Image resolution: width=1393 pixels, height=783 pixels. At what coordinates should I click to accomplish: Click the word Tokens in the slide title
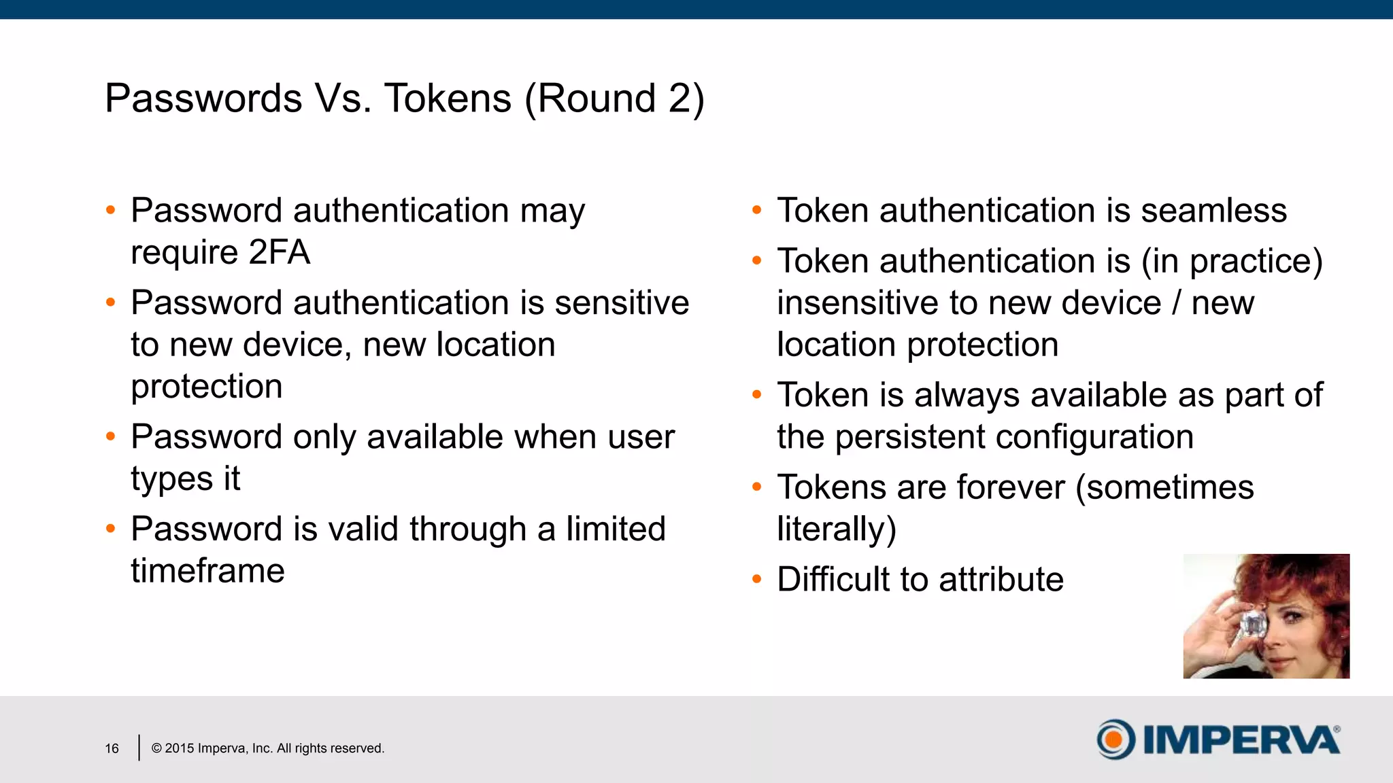pyautogui.click(x=448, y=99)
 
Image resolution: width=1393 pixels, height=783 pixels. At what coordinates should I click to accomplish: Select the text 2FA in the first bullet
pyautogui.click(x=279, y=253)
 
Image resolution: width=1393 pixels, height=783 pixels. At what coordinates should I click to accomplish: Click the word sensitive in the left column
pyautogui.click(x=622, y=303)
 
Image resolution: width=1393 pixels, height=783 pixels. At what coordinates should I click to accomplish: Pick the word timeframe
pyautogui.click(x=207, y=571)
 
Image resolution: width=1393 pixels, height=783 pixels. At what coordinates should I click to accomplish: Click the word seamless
pyautogui.click(x=1213, y=211)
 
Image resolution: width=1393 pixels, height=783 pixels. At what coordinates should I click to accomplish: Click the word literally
pyautogui.click(x=833, y=529)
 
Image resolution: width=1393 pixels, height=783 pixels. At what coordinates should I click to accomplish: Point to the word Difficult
pyautogui.click(x=833, y=580)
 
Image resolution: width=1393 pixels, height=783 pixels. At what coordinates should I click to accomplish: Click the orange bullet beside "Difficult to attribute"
pyautogui.click(x=757, y=580)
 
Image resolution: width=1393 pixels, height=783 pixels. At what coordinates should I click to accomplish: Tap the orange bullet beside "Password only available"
pyautogui.click(x=111, y=437)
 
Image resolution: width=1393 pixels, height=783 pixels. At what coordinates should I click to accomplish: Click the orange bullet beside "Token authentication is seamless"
pyautogui.click(x=757, y=211)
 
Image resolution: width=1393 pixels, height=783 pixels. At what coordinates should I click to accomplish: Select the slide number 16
pyautogui.click(x=112, y=748)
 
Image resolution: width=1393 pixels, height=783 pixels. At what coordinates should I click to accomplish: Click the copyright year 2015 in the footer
pyautogui.click(x=180, y=748)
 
